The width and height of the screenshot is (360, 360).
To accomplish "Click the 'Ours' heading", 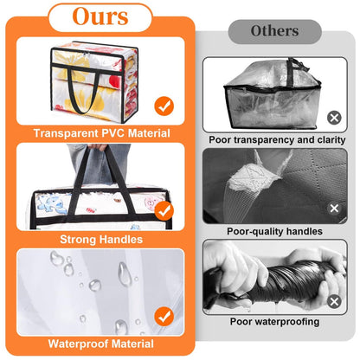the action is tap(100, 16).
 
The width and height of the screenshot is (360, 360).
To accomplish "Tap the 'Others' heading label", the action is tap(274, 31).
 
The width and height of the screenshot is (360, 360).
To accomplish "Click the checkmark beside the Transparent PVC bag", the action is tap(164, 106).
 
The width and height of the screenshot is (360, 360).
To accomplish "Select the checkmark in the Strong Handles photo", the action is tap(164, 210).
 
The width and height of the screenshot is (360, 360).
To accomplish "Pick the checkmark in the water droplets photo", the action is tap(164, 317).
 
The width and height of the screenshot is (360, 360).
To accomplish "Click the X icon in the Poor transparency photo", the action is tap(334, 118).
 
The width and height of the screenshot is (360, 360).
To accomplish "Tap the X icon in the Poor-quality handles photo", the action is tap(334, 209).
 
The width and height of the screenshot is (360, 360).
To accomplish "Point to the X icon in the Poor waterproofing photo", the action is tap(334, 302).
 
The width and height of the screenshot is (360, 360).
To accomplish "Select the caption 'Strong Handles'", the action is tap(101, 240).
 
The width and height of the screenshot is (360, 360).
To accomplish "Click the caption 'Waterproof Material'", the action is tap(101, 344).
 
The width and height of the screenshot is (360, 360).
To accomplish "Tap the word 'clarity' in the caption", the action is tap(331, 140).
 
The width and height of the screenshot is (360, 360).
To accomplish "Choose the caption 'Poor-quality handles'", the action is tap(274, 231).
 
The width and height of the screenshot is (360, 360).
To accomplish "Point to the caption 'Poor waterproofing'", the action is tap(274, 322).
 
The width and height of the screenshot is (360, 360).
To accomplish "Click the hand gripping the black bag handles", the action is tap(98, 147).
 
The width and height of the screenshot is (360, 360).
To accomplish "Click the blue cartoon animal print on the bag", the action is tap(51, 203).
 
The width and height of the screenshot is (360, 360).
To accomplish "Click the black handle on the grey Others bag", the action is tap(295, 70).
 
